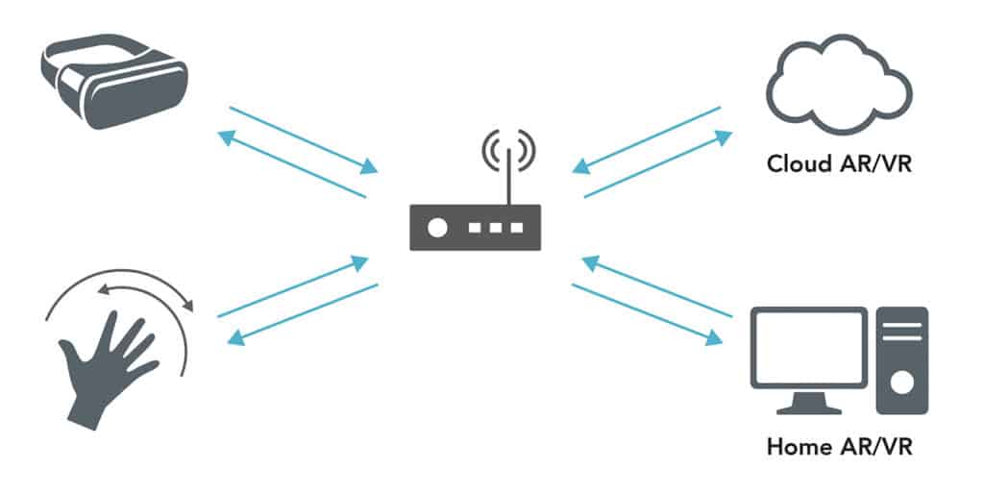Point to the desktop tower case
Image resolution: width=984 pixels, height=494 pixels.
(x=901, y=360)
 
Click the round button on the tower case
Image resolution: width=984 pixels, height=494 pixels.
(x=901, y=383)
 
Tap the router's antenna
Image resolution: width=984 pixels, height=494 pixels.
(x=510, y=173)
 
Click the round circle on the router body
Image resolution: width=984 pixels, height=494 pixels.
(x=438, y=228)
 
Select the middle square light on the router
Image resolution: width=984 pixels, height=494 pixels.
(x=495, y=228)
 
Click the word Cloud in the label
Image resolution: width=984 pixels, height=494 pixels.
(x=799, y=162)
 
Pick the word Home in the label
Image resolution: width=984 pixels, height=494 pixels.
(x=798, y=447)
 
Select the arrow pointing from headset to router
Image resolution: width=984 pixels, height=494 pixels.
(x=302, y=138)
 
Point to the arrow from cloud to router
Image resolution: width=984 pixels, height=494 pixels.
(x=644, y=139)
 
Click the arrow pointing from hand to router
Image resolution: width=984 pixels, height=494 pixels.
(x=292, y=287)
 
